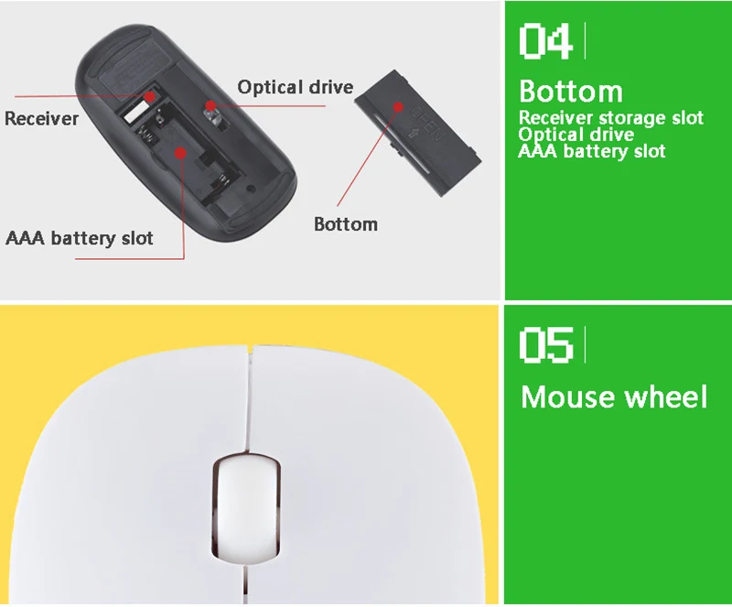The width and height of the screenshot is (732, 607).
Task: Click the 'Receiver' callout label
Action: click(x=41, y=119)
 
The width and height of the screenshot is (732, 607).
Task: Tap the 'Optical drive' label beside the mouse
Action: click(x=295, y=87)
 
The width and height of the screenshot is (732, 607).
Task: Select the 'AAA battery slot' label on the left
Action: click(x=80, y=238)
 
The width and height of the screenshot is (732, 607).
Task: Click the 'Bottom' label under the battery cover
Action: click(x=346, y=224)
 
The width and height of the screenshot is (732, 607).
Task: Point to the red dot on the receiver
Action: click(x=149, y=96)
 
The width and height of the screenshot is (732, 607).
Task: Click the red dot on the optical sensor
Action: click(x=211, y=105)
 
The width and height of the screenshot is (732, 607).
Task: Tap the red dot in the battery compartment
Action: click(x=180, y=153)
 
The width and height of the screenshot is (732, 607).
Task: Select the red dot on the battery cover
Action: click(x=398, y=107)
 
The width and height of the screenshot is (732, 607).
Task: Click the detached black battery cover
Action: click(x=418, y=133)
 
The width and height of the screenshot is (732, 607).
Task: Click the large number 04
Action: click(x=545, y=41)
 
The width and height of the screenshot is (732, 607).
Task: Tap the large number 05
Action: click(x=545, y=345)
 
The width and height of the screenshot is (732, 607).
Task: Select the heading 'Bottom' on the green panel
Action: click(x=570, y=92)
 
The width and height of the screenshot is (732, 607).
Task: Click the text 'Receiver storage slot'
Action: click(x=611, y=118)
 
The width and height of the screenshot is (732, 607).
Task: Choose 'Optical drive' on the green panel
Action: click(x=576, y=135)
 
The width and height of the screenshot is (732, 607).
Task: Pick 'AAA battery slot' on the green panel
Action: click(x=592, y=151)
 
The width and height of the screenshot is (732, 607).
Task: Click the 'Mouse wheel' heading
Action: click(x=614, y=397)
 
